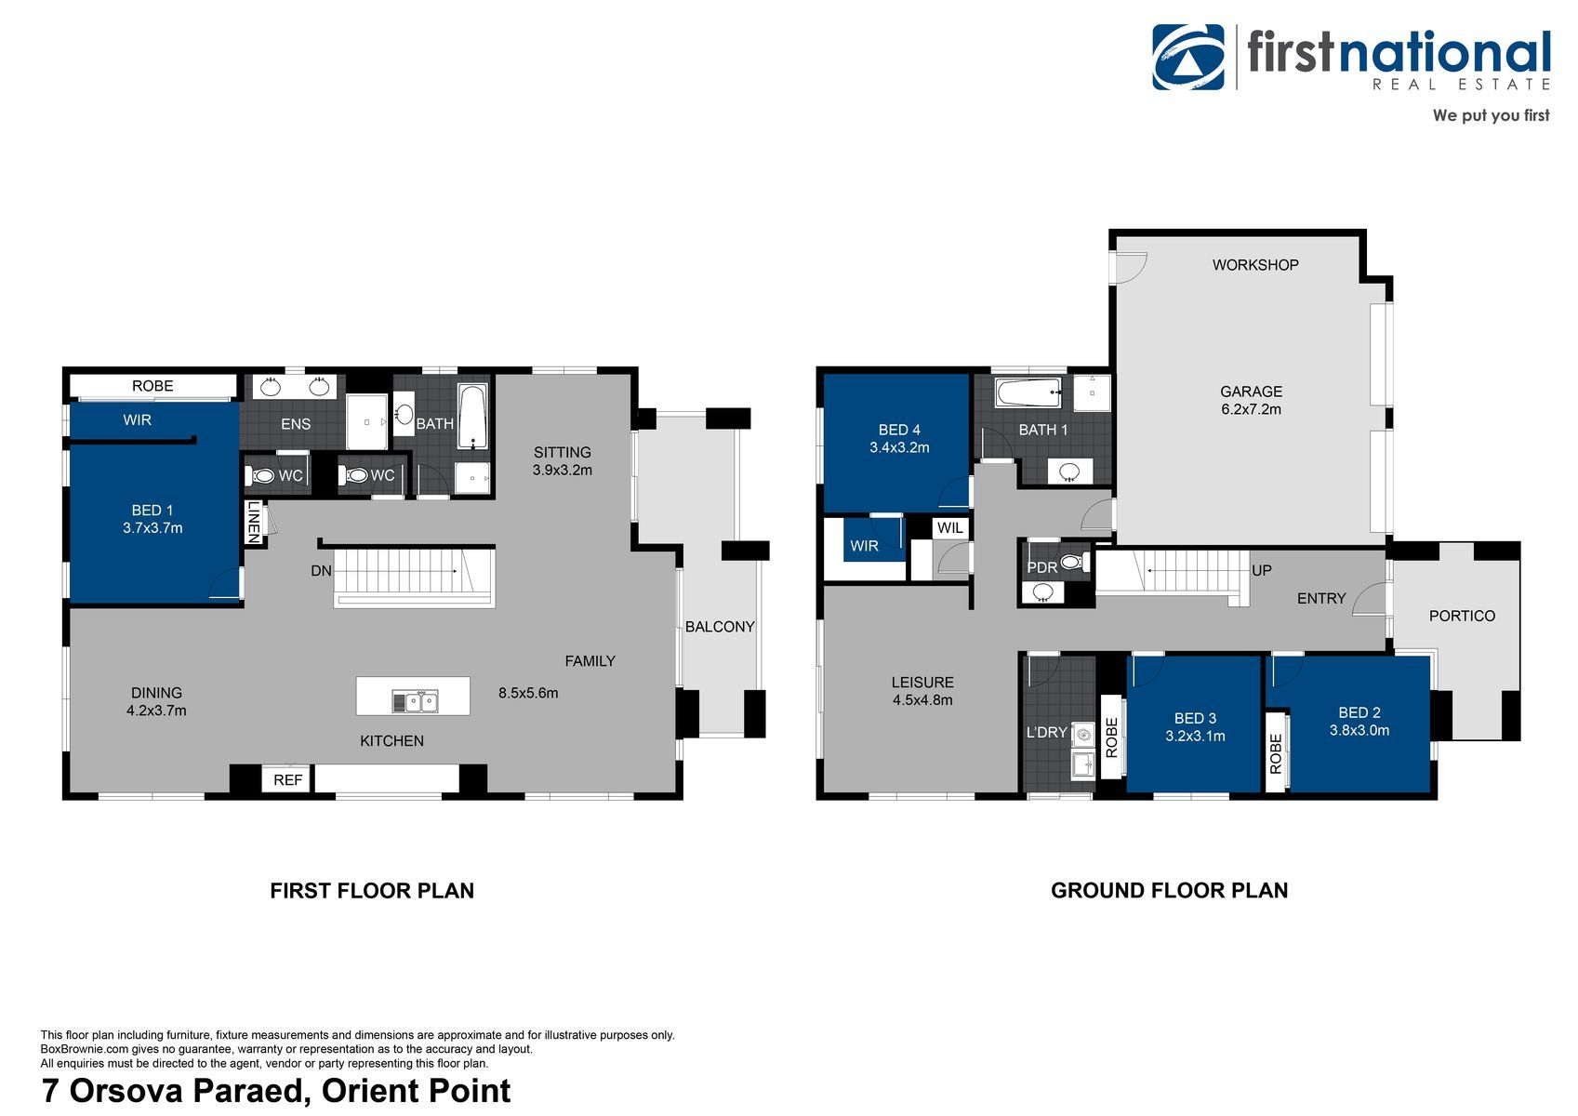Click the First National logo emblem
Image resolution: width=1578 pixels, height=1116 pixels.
tap(1188, 57)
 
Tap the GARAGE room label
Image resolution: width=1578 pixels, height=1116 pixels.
tap(1251, 392)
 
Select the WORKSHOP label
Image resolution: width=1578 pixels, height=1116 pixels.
tap(1255, 265)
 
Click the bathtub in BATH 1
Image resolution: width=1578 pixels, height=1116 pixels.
tap(1028, 392)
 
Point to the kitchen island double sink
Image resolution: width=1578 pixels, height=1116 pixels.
tap(415, 702)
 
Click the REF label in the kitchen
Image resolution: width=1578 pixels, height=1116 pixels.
tap(287, 780)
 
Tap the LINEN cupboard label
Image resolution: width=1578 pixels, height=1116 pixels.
tap(254, 522)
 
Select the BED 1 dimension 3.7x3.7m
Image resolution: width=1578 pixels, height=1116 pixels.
tap(152, 527)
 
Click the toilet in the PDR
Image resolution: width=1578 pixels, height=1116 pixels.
tap(1074, 563)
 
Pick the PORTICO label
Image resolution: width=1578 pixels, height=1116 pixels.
tap(1462, 616)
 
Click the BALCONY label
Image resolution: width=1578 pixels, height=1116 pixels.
tap(719, 626)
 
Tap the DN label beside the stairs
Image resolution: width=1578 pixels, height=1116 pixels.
tap(321, 571)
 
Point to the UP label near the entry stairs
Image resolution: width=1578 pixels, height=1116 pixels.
tap(1262, 570)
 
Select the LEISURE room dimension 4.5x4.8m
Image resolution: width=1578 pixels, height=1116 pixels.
tap(922, 699)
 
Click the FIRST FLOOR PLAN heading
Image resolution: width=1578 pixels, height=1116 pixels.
tap(372, 891)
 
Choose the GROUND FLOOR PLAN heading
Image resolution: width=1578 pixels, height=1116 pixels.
tap(1170, 891)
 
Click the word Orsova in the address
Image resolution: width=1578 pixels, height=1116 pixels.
tap(126, 1091)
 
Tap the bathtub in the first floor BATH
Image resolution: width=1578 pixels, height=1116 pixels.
tap(472, 417)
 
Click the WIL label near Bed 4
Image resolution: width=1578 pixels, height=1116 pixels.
tap(949, 527)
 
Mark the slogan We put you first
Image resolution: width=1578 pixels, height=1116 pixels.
tap(1491, 114)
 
